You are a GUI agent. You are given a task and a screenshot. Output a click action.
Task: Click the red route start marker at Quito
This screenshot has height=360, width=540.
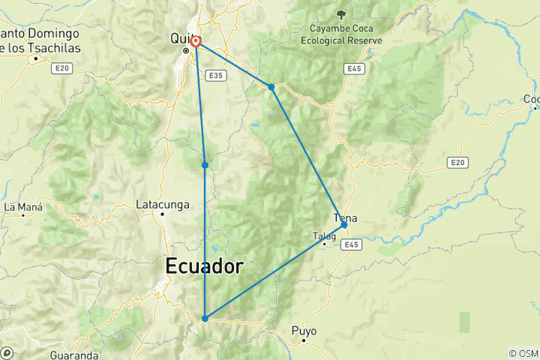click(195, 42)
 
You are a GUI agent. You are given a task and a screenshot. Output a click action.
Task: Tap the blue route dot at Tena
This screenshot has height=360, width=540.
click(343, 224)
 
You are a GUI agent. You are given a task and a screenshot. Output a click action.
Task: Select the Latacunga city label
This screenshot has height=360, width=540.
click(160, 203)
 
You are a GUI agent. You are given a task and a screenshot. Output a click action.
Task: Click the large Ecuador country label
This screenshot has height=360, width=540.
click(204, 266)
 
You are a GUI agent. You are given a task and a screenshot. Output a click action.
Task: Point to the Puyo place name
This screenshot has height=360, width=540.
click(304, 331)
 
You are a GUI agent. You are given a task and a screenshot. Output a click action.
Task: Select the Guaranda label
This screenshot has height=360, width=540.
click(74, 354)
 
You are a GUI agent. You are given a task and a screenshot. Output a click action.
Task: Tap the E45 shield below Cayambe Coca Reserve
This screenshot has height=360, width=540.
click(355, 69)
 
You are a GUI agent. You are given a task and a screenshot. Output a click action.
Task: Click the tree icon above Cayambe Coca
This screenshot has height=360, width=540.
click(341, 13)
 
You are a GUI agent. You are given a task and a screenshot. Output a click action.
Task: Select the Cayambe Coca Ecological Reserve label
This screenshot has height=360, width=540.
click(341, 34)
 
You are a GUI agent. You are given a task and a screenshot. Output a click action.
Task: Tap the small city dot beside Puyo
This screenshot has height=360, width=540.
click(303, 340)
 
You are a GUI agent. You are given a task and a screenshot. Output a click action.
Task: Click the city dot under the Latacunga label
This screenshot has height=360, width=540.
click(161, 214)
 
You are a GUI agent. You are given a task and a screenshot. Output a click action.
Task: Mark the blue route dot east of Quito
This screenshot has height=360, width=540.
click(271, 87)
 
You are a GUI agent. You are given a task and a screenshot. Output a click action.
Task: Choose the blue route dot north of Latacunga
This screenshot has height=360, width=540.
click(205, 165)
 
